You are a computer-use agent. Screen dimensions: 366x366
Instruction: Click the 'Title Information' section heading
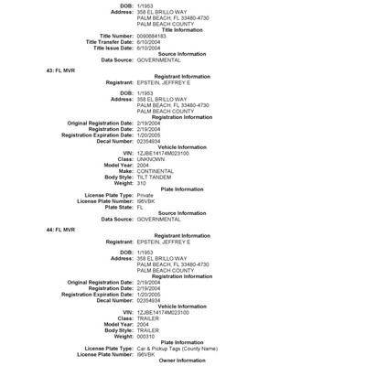(182, 29)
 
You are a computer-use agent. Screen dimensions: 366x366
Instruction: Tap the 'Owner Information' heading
(182, 361)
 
